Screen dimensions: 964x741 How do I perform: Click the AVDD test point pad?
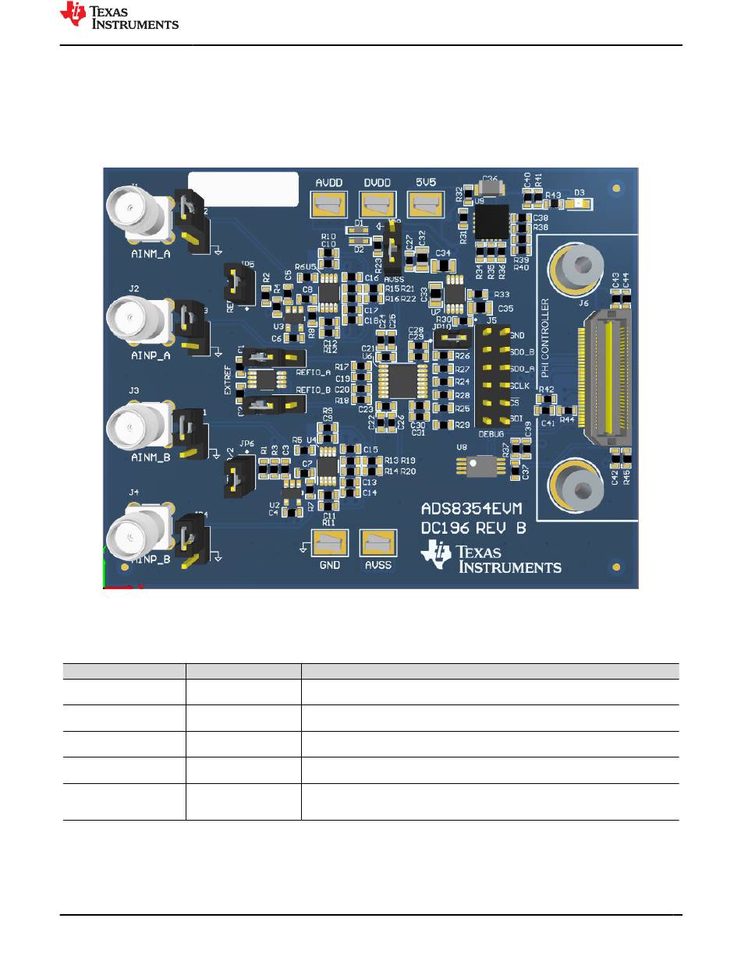330,205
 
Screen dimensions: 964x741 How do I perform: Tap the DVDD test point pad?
378,205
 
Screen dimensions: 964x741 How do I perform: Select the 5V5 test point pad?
426,205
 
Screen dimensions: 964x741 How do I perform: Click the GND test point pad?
330,543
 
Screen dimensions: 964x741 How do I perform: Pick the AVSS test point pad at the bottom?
378,543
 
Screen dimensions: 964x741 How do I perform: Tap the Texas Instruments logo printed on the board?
491,558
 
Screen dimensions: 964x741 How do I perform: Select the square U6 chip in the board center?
405,380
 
